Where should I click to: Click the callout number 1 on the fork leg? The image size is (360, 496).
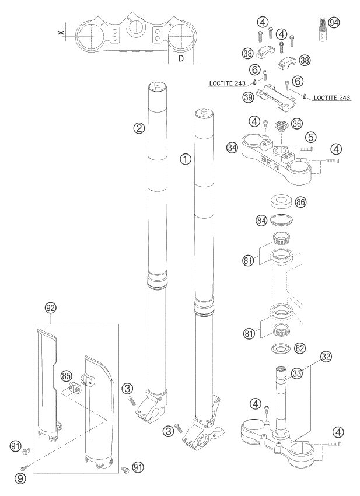point(185,159)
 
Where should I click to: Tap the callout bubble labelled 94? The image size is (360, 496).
point(334,23)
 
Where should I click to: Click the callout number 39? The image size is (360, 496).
point(248,97)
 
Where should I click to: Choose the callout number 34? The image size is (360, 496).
point(232,148)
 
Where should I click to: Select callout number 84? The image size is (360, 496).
point(262,221)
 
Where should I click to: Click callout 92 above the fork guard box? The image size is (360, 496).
point(51,306)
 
